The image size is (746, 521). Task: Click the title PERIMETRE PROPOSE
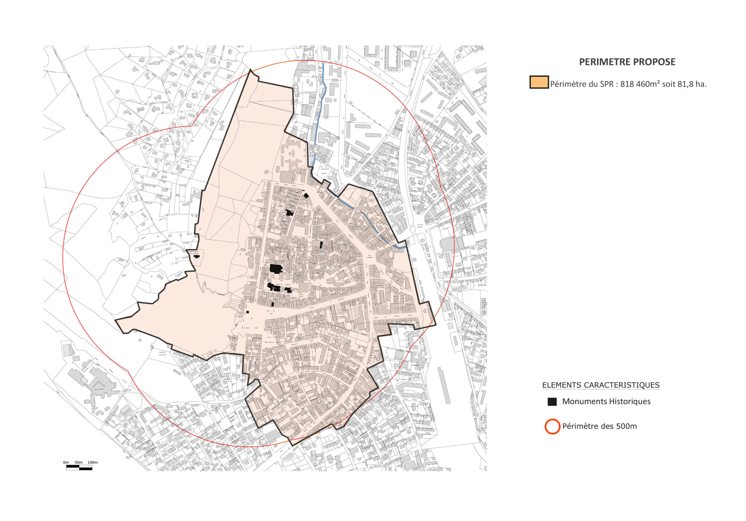point(627,62)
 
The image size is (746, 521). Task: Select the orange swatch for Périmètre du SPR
point(539,82)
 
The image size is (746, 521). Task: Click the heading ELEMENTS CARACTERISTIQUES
point(601,385)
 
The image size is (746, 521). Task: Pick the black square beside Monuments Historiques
point(552,402)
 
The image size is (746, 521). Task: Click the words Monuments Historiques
point(606,401)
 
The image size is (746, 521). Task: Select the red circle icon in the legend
point(552,426)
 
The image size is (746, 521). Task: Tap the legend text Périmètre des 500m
point(599,426)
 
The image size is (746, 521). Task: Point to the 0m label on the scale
point(66,462)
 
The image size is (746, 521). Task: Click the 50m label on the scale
point(79,462)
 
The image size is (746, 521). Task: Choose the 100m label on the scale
point(93,462)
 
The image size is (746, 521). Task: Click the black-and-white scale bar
point(79,468)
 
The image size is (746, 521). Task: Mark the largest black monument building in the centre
point(276,269)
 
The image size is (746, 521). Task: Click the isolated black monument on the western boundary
point(197,256)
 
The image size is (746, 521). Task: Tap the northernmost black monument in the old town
point(306,195)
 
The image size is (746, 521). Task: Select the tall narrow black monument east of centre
point(321,244)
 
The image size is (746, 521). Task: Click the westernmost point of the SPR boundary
point(116,320)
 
